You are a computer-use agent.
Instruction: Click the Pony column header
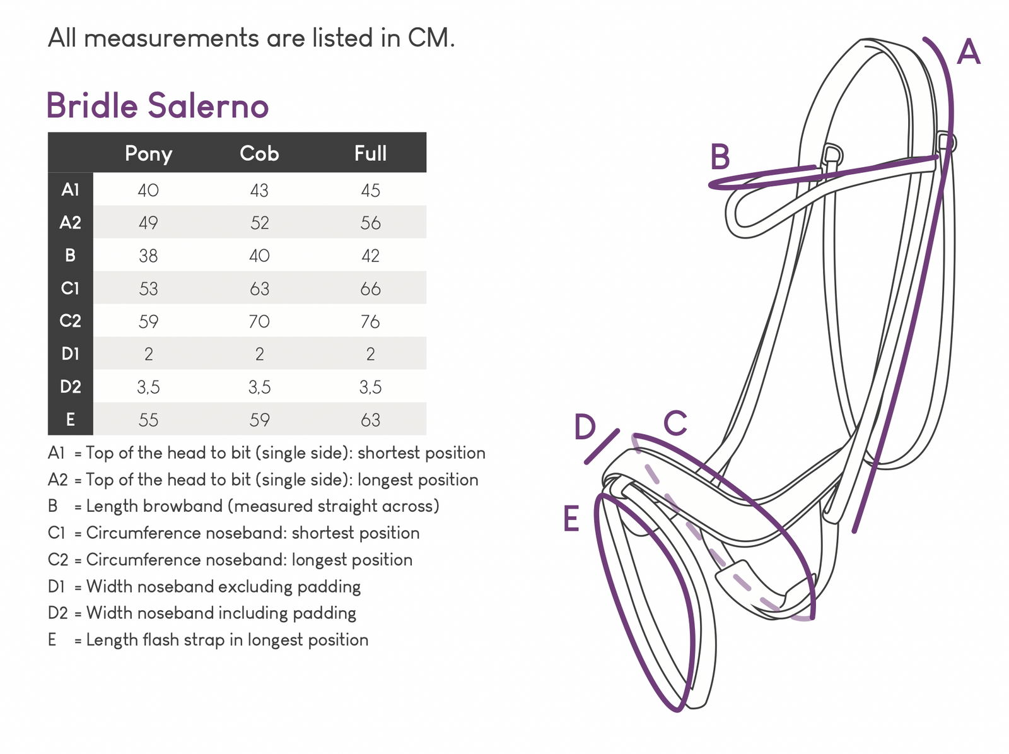tap(148, 153)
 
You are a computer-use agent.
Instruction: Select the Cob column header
tap(259, 153)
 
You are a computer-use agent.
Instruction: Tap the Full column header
tap(370, 153)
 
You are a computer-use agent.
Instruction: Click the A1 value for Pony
tap(148, 190)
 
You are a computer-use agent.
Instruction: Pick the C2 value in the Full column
tap(370, 321)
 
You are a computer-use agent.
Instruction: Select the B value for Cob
tap(259, 256)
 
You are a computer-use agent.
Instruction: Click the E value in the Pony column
tap(148, 420)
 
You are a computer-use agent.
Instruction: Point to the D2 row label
tap(71, 387)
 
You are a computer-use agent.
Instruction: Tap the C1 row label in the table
tap(71, 288)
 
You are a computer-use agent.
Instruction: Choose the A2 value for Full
tap(370, 223)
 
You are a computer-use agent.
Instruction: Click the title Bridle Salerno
tap(158, 106)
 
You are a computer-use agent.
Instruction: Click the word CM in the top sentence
tap(429, 38)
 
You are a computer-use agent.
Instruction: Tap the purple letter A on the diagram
tap(968, 52)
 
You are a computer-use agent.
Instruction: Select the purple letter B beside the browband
tap(720, 157)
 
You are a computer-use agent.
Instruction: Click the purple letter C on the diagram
tap(675, 423)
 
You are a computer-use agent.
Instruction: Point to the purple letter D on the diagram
tap(585, 427)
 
